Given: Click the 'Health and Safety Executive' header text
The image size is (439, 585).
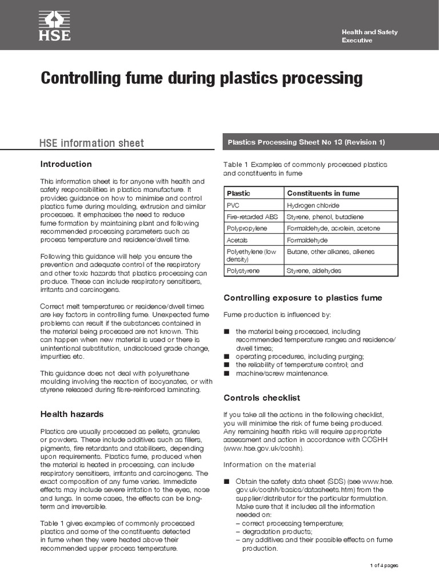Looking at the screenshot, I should pyautogui.click(x=369, y=36).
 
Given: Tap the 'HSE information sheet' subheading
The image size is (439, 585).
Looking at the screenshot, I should pyautogui.click(x=91, y=143).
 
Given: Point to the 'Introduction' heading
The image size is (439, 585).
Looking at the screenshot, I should pyautogui.click(x=66, y=164).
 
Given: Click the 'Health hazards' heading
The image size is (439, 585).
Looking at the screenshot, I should pyautogui.click(x=72, y=414).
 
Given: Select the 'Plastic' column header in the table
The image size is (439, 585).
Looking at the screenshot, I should pyautogui.click(x=238, y=193).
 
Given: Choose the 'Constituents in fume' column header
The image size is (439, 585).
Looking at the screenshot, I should pyautogui.click(x=323, y=193).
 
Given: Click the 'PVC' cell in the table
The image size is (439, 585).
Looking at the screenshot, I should pyautogui.click(x=233, y=205).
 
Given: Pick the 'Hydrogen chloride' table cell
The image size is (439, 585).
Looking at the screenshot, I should pyautogui.click(x=313, y=205).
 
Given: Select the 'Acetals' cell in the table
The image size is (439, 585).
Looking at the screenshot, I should pyautogui.click(x=237, y=241).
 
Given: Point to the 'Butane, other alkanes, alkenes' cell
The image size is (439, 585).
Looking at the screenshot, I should pyautogui.click(x=331, y=251).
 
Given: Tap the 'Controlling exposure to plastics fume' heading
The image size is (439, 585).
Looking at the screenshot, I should pyautogui.click(x=302, y=298).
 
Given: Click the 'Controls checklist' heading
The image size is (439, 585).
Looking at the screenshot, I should pyautogui.click(x=262, y=398).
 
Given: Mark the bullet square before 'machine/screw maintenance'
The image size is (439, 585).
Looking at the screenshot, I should pyautogui.click(x=227, y=373).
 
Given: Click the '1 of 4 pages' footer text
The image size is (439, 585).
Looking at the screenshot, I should pyautogui.click(x=384, y=565).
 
